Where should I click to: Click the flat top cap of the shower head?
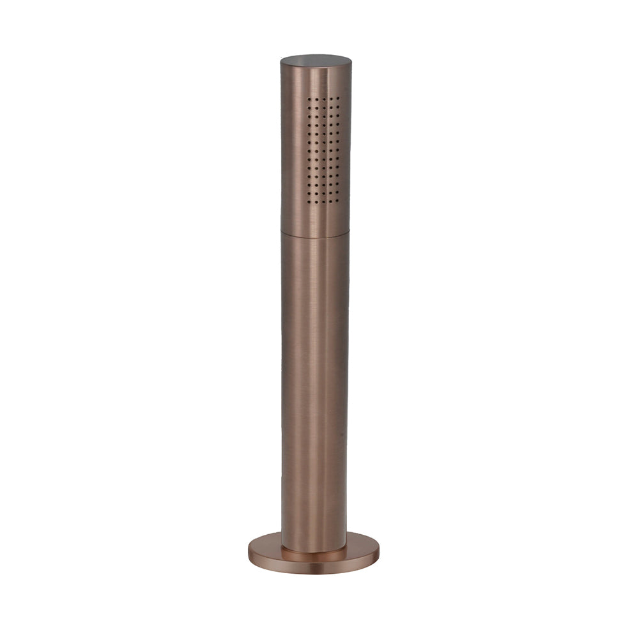(x=316, y=61)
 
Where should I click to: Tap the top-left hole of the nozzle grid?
(x=309, y=99)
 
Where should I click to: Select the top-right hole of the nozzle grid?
(x=338, y=98)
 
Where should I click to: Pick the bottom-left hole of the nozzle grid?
(x=309, y=202)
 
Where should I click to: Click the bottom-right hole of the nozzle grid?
(x=337, y=201)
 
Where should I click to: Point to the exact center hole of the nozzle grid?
(x=324, y=151)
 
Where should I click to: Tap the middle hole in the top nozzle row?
(x=324, y=99)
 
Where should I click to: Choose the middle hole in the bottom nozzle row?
(x=324, y=202)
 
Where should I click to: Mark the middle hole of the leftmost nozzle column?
(x=309, y=151)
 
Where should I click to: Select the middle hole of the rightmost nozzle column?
(x=337, y=150)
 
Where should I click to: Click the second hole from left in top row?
(x=317, y=100)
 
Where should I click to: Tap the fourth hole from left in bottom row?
(x=330, y=201)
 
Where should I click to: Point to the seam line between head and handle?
(x=315, y=232)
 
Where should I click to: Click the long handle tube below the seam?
(x=315, y=383)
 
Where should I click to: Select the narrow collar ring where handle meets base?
(x=314, y=549)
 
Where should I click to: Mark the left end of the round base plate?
(x=250, y=552)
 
